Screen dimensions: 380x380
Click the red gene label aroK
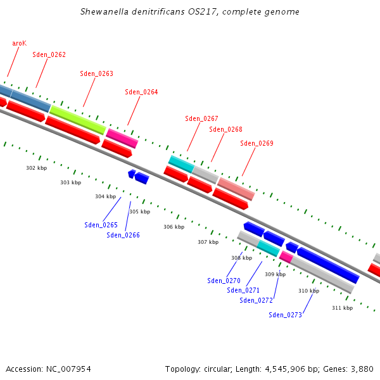coord(19,43)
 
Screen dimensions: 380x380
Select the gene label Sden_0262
coord(49,54)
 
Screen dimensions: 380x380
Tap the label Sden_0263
coord(96,73)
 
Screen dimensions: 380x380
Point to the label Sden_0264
coord(141,92)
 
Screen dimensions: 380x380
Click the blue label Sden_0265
coord(101,225)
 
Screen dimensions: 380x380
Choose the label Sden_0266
coord(123,235)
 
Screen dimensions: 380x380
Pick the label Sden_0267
coord(201,118)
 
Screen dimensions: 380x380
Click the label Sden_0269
coord(256,143)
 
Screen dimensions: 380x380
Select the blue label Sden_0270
coord(224,281)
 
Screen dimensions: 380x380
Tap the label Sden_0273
coord(285,315)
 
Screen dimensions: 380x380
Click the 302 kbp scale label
coord(36,168)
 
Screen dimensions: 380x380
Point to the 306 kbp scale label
coord(174,227)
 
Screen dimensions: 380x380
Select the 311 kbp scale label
coord(342,308)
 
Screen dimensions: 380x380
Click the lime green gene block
coord(77,120)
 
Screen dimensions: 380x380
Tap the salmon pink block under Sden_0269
coord(236,189)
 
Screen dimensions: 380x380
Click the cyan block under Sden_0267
coord(180,164)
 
